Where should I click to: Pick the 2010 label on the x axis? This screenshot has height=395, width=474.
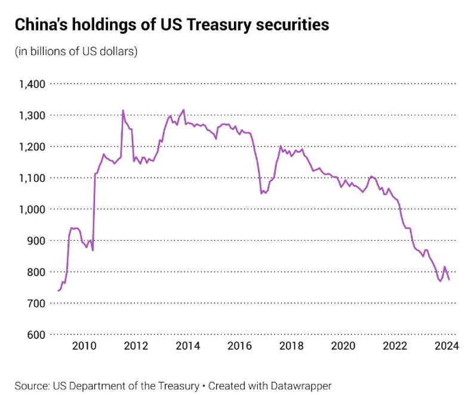pos(84,347)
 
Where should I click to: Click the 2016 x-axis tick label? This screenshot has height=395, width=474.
pos(239,347)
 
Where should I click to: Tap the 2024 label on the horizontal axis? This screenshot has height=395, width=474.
pos(447,347)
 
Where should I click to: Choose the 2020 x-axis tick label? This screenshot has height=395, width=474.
pos(343,347)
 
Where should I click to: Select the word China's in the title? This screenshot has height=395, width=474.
pos(41,25)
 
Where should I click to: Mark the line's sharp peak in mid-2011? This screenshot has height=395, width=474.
pos(123,111)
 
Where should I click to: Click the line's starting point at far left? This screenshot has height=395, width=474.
pos(58,290)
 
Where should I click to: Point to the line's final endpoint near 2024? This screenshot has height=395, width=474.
pos(449,280)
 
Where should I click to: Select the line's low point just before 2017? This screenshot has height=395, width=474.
pos(261,193)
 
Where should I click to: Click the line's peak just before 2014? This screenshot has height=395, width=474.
pos(183,110)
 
